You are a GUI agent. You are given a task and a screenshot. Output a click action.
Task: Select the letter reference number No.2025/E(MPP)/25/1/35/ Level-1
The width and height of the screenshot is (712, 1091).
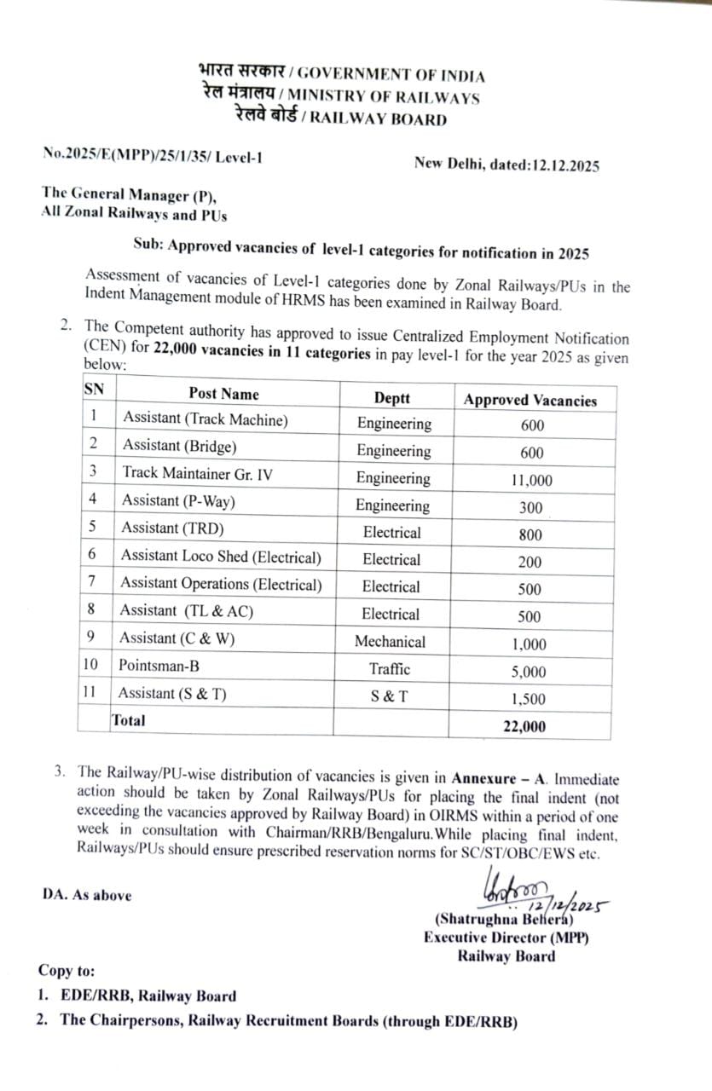tap(153, 155)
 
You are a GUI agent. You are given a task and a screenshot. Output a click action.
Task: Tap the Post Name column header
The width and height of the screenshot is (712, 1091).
tap(223, 394)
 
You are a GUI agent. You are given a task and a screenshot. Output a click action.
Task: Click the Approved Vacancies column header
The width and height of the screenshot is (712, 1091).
tap(530, 400)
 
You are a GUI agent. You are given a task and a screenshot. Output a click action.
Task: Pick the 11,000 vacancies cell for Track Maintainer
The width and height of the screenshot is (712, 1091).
tap(531, 480)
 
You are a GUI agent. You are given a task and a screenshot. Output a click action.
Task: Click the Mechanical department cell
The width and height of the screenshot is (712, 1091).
tap(390, 642)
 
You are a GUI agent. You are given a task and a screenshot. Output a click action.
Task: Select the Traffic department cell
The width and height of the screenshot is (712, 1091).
tap(390, 669)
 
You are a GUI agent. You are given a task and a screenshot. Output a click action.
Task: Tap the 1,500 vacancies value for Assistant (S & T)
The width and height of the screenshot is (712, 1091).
tap(529, 699)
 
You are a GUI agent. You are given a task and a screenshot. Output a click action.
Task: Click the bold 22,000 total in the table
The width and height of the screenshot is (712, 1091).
tap(524, 726)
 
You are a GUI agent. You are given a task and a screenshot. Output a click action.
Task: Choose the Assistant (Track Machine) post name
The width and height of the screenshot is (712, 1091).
tap(205, 419)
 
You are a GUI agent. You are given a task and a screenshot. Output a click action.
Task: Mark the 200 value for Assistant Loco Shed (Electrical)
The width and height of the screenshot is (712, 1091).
tap(530, 562)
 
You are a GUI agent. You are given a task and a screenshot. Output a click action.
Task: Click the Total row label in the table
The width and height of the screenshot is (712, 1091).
tap(128, 720)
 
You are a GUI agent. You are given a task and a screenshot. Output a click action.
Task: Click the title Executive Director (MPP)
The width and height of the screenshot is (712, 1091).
tap(506, 938)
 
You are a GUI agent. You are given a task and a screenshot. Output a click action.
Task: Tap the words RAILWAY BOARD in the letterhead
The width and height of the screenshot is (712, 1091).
tap(378, 119)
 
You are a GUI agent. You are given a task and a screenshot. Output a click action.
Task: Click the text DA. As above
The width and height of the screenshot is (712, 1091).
tap(87, 895)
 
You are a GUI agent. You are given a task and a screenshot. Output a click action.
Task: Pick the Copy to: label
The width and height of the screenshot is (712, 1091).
tap(67, 971)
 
